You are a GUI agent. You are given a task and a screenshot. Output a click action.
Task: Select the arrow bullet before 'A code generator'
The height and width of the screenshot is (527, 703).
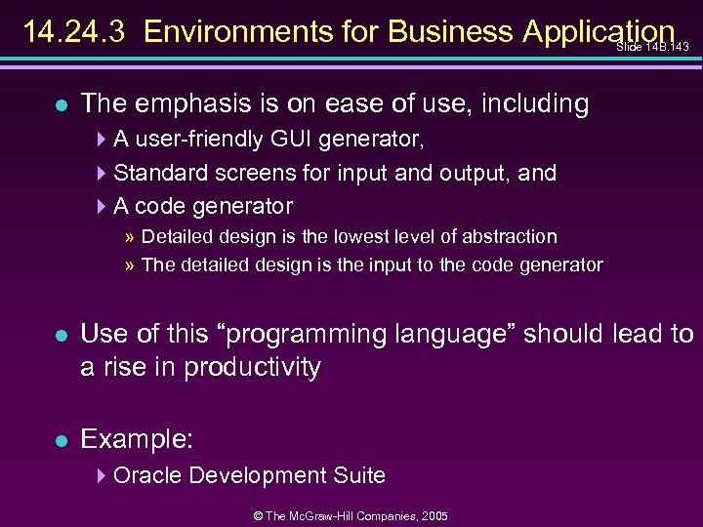pyautogui.click(x=104, y=206)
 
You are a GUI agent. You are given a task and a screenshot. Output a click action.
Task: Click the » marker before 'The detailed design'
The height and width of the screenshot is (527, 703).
pyautogui.click(x=130, y=264)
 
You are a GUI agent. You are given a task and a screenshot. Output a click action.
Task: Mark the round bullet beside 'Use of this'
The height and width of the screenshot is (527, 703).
pyautogui.click(x=61, y=335)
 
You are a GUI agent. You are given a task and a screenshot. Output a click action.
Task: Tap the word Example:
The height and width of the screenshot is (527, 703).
pyautogui.click(x=136, y=439)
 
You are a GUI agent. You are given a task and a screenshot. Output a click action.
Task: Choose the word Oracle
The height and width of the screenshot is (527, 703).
pyautogui.click(x=148, y=475)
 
